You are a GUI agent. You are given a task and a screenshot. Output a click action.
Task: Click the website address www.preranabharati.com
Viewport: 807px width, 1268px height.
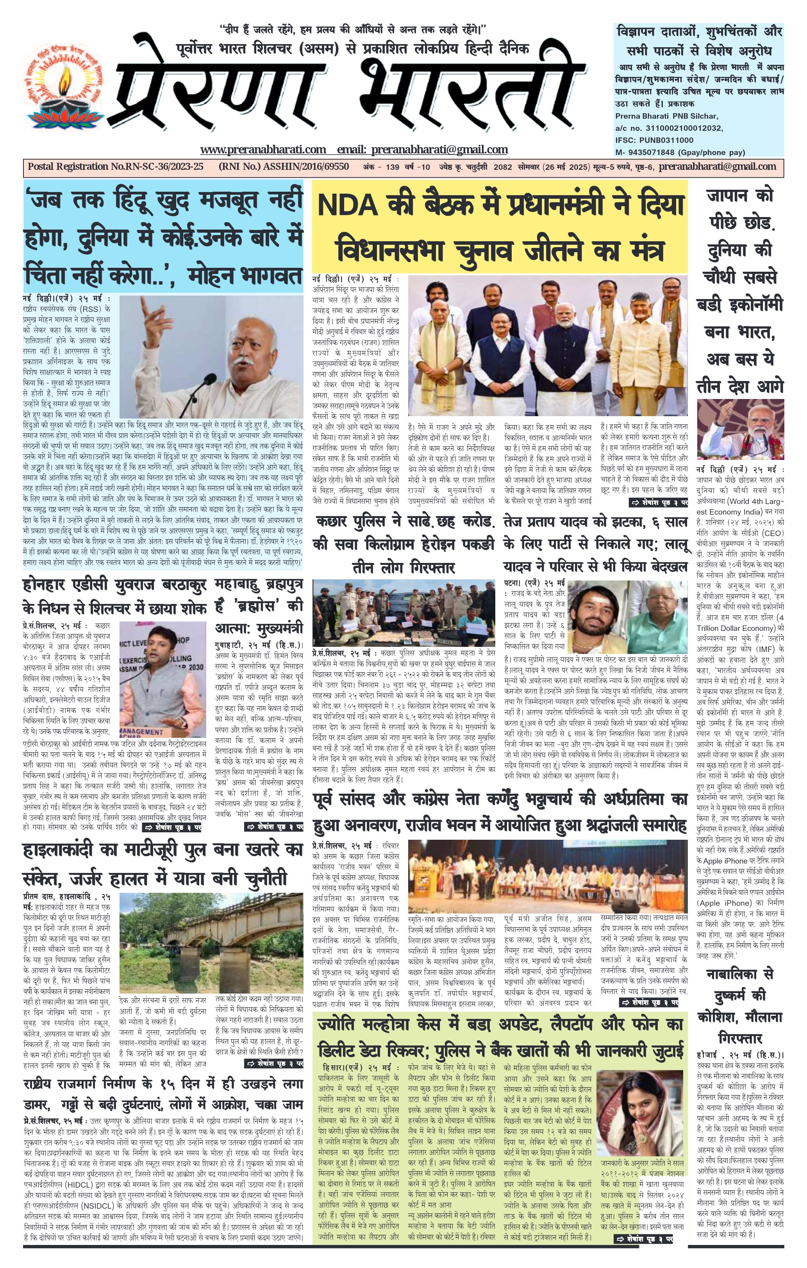(x=263, y=150)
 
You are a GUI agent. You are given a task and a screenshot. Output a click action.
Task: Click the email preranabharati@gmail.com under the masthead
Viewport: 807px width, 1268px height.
(x=439, y=150)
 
